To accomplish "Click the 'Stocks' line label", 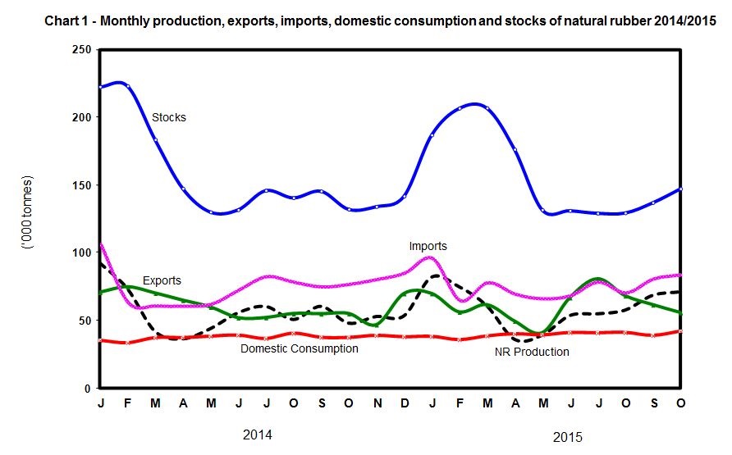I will pyautogui.click(x=169, y=117).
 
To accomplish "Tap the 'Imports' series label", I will pyautogui.click(x=428, y=245).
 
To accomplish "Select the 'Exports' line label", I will pyautogui.click(x=162, y=280).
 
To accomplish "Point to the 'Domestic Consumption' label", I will pyautogui.click(x=299, y=348).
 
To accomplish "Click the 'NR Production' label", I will pyautogui.click(x=532, y=352).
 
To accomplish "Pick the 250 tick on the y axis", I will pyautogui.click(x=80, y=51).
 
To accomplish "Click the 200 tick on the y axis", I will pyautogui.click(x=80, y=118).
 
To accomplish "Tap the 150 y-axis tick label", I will pyautogui.click(x=80, y=185).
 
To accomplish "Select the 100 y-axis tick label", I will pyautogui.click(x=80, y=253).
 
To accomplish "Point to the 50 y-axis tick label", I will pyautogui.click(x=84, y=320).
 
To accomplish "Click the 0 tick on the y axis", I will pyautogui.click(x=87, y=388).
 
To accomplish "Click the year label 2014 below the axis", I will pyautogui.click(x=258, y=433).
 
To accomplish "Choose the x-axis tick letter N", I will pyautogui.click(x=378, y=403).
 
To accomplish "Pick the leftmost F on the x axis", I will pyautogui.click(x=128, y=403).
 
